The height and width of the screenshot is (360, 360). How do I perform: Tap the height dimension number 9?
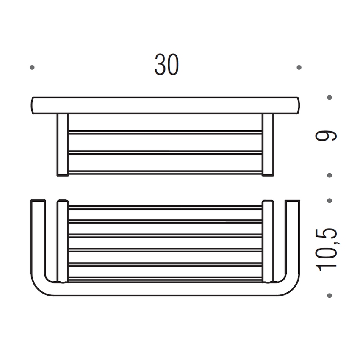[x=326, y=136]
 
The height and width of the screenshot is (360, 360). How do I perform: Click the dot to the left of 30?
[x=32, y=67]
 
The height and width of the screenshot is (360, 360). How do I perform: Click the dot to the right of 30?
[x=299, y=67]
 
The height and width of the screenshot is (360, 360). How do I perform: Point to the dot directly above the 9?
[x=330, y=97]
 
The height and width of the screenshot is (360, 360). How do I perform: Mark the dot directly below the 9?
[x=330, y=175]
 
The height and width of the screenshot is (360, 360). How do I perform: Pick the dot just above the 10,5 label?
[x=330, y=200]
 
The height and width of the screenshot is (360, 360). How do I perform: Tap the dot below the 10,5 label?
[x=330, y=295]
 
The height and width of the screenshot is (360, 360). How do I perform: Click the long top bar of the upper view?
[x=165, y=105]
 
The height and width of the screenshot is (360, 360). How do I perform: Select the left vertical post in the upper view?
[x=63, y=144]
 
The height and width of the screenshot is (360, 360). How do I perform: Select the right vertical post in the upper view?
[x=268, y=144]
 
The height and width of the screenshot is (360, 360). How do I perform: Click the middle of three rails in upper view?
[x=165, y=152]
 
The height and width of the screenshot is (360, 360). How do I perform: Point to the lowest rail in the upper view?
[x=165, y=172]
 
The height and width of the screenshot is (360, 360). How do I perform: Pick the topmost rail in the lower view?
[x=165, y=208]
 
